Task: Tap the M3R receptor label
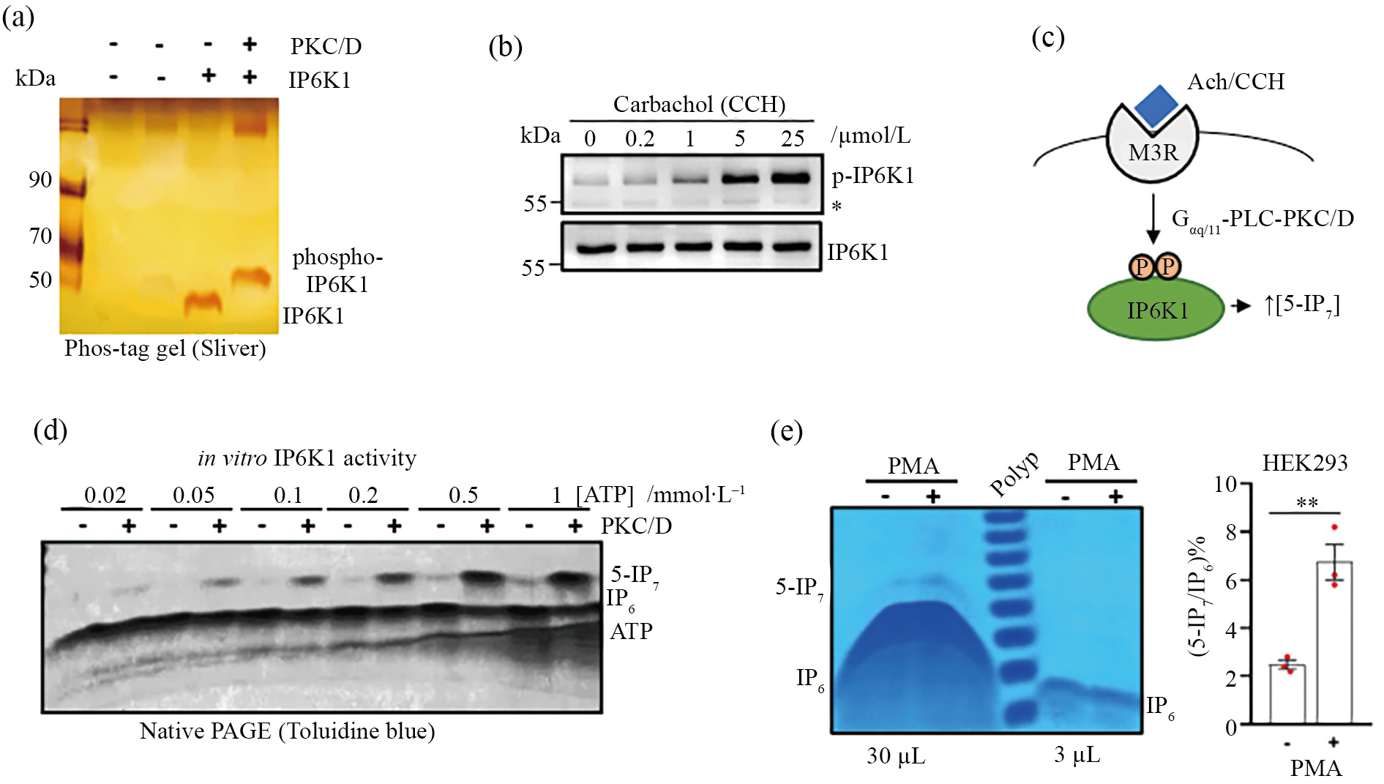[x=1153, y=152]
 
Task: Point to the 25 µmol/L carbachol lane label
[x=792, y=138]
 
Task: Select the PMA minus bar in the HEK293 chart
[x=1287, y=694]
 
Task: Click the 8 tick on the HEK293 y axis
[x=1231, y=532]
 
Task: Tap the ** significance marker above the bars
[x=1306, y=503]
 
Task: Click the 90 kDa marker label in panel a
[x=40, y=179]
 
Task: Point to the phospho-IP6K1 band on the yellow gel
[x=251, y=277]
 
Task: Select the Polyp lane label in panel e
[x=1014, y=474]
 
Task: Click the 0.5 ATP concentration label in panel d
[x=463, y=496]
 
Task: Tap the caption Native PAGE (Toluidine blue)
[x=287, y=731]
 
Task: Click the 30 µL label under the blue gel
[x=896, y=755]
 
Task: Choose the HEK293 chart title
[x=1304, y=463]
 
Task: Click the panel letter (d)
[x=51, y=430]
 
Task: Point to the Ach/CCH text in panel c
[x=1235, y=81]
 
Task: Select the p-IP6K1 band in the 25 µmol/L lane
[x=792, y=177]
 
